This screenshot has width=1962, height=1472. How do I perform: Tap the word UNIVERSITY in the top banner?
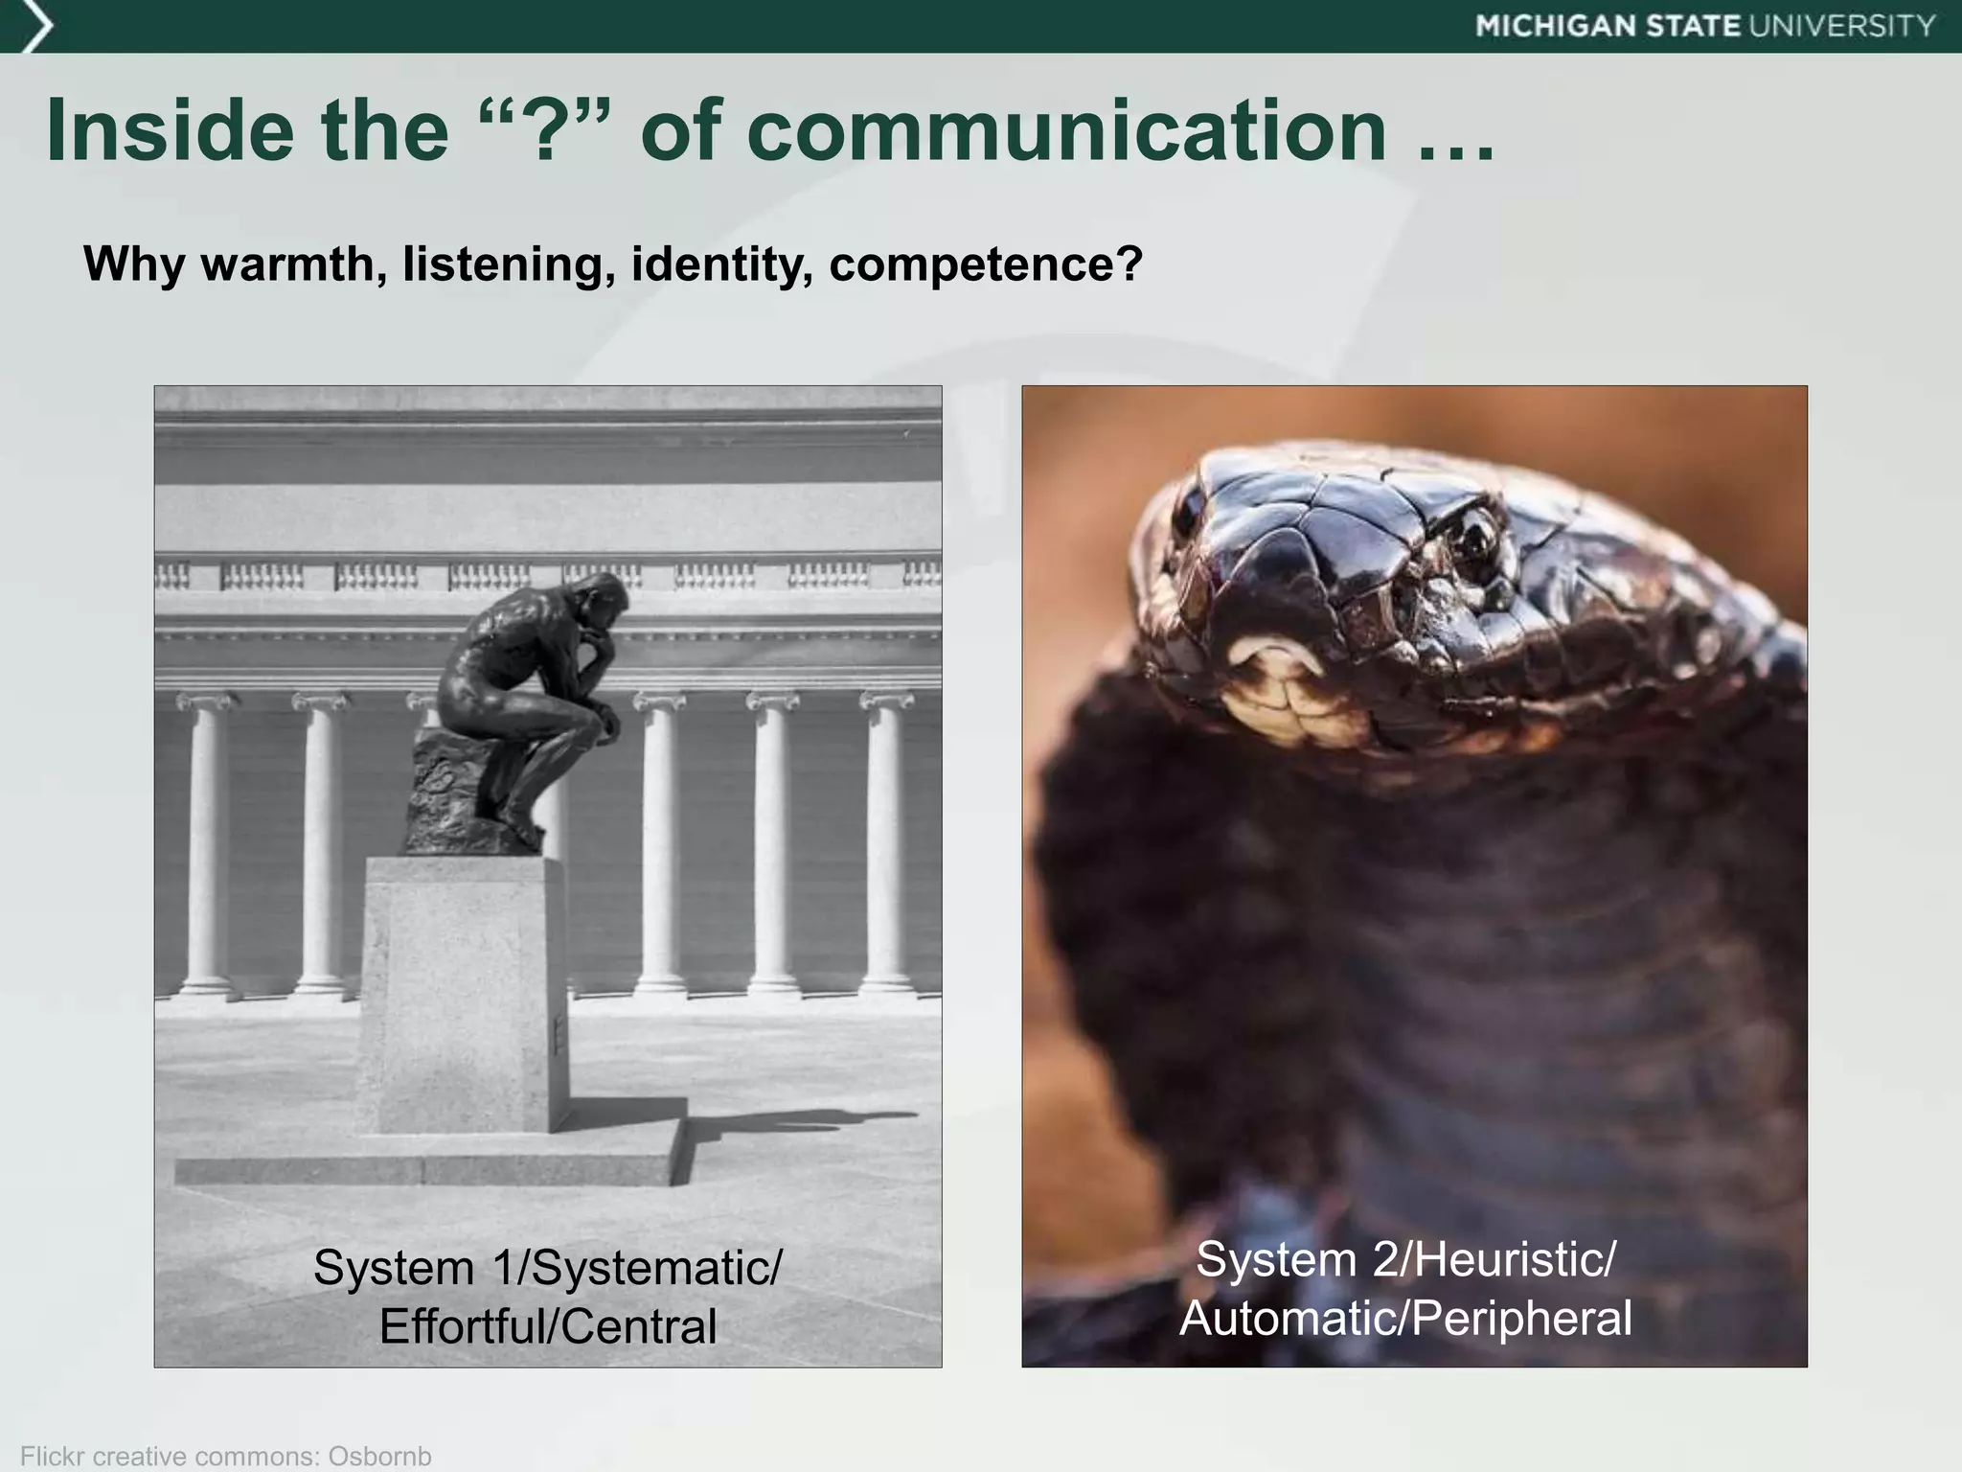pyautogui.click(x=1842, y=26)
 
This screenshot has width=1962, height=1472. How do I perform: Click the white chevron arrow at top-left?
pyautogui.click(x=34, y=27)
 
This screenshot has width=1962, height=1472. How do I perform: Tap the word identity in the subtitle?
pyautogui.click(x=719, y=264)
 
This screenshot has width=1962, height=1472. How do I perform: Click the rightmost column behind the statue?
pyautogui.click(x=886, y=843)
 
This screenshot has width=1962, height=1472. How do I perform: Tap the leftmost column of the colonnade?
pyautogui.click(x=203, y=843)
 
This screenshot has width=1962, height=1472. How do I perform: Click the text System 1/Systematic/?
pyautogui.click(x=547, y=1267)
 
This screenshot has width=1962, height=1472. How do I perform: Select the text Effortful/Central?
pyautogui.click(x=547, y=1326)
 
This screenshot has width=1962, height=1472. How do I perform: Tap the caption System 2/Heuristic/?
pyautogui.click(x=1405, y=1258)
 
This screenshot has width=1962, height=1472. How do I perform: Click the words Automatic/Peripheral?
pyautogui.click(x=1405, y=1318)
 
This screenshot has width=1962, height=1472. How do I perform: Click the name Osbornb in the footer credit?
pyautogui.click(x=379, y=1456)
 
